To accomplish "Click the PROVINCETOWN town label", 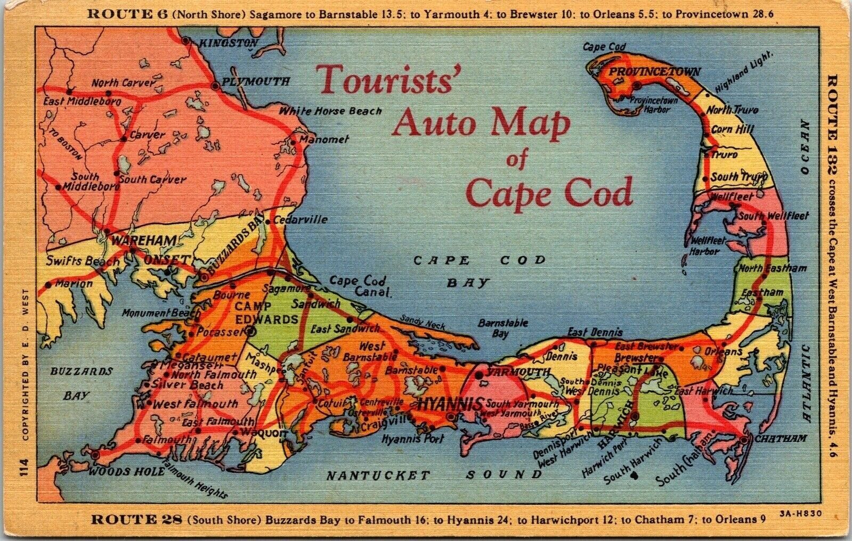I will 654,71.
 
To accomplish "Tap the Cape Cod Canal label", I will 359,286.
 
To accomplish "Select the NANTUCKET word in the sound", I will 378,476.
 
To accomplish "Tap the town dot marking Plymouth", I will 215,85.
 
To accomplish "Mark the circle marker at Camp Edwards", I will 250,331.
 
